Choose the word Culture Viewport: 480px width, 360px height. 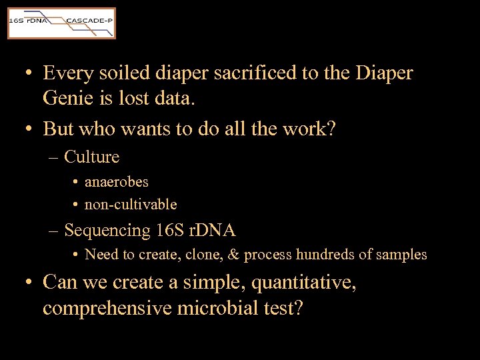pos(92,157)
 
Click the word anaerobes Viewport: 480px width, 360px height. pos(117,181)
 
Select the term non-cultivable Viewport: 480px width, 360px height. pos(131,204)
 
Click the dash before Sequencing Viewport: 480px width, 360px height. pos(54,231)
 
